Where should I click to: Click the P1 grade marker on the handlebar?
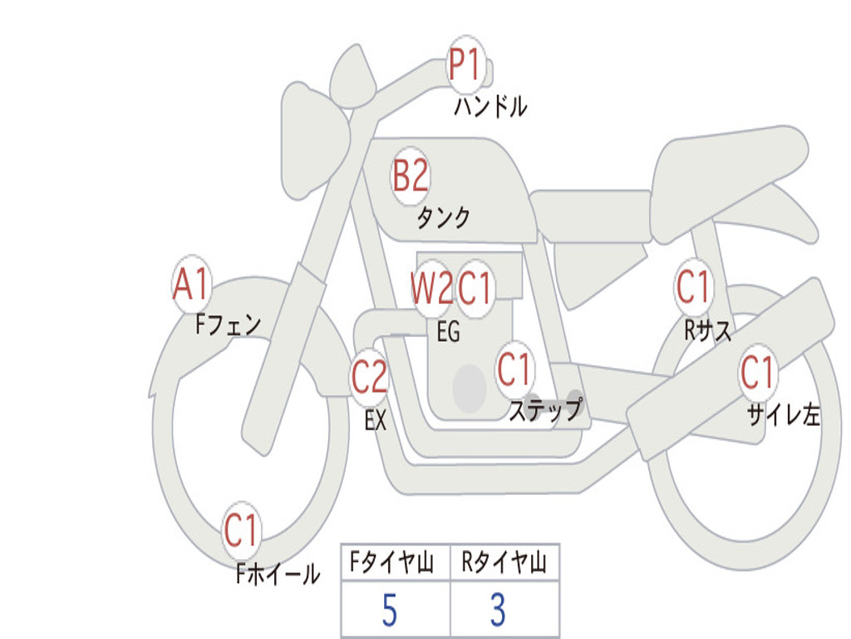tap(466, 65)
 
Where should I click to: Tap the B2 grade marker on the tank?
tap(411, 176)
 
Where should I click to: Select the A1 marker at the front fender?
tap(191, 285)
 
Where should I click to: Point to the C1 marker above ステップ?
tap(514, 369)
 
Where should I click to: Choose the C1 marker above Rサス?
tap(694, 287)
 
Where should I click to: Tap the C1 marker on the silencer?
tap(758, 373)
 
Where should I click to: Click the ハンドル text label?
tap(490, 106)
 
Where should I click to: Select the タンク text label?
tap(443, 217)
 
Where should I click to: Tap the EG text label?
tap(448, 332)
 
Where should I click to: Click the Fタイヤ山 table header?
tap(390, 564)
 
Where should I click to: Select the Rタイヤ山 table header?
tap(504, 564)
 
